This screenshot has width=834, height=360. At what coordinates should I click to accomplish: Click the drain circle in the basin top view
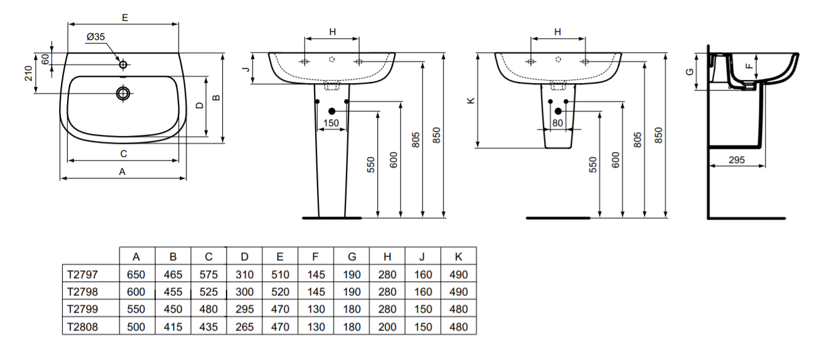coord(123,93)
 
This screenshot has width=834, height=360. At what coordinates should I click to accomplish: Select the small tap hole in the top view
coord(123,64)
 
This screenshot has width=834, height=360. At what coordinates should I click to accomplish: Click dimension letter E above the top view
coord(124,18)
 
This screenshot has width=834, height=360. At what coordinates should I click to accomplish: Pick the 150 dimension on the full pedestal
coord(331,123)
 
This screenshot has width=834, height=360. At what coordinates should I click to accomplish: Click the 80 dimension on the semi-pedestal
coord(558,123)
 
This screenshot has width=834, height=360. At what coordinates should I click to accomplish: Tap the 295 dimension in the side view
coord(736,159)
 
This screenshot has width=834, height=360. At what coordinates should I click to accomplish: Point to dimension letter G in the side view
coord(690,71)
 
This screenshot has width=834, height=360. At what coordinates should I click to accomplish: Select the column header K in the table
coord(458,257)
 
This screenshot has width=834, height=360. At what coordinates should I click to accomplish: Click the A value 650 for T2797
coord(136,274)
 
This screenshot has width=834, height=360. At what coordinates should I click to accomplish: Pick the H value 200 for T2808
coord(387,327)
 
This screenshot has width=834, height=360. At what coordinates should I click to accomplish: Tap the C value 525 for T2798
coord(209,292)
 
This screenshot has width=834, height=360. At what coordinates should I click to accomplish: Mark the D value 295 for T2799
coord(244,310)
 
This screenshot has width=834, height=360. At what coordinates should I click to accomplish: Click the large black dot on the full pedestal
coord(332,111)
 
